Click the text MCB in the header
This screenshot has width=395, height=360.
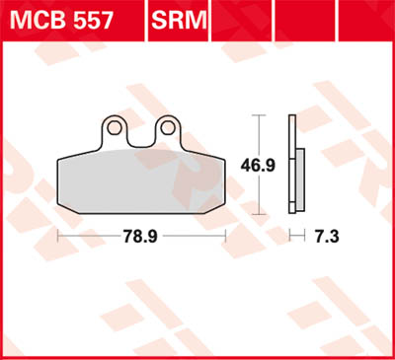[x=36, y=20]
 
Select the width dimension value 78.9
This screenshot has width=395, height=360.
[x=141, y=236]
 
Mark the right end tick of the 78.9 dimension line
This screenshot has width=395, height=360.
[x=227, y=236]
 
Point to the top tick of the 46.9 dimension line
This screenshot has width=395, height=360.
[x=259, y=115]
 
